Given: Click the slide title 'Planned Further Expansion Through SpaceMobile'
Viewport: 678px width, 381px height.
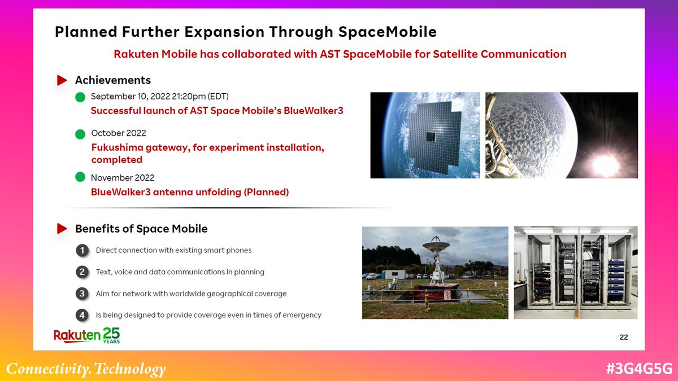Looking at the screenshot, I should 245,32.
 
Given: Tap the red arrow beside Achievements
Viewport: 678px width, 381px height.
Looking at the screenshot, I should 62,81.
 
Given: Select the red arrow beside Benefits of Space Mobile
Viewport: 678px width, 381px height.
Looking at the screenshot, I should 62,229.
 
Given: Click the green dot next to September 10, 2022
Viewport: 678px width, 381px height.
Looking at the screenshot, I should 80,97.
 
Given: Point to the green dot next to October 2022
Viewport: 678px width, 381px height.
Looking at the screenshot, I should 80,134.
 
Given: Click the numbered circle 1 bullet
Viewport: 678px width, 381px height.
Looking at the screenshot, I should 82,251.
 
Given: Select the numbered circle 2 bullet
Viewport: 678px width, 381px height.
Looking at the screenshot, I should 82,272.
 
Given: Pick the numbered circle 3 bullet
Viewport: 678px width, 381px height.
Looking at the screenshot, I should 82,294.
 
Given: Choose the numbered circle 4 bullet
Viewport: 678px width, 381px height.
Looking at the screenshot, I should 82,315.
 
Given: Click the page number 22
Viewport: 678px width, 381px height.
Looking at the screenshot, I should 624,337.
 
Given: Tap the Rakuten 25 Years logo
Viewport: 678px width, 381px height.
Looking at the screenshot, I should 86,335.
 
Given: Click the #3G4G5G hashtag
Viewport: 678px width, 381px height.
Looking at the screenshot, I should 638,369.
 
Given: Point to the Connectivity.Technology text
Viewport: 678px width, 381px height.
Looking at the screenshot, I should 86,369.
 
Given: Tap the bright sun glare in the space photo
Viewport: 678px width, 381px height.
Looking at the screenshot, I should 605,164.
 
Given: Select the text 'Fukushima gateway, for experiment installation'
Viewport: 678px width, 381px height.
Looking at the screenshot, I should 207,148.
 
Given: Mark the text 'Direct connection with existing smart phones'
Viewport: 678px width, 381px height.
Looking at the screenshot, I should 173,251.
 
